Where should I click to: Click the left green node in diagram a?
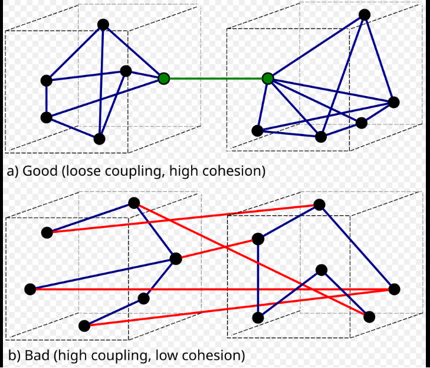(x=164, y=78)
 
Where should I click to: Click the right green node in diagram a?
(x=268, y=78)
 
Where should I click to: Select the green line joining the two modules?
(x=216, y=78)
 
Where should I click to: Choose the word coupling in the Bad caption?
(x=125, y=356)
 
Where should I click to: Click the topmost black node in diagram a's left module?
(x=103, y=24)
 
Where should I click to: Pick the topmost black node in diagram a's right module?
(x=365, y=15)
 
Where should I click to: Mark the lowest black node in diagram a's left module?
(x=99, y=139)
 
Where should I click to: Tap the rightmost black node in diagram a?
(x=393, y=102)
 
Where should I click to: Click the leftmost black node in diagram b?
(x=30, y=289)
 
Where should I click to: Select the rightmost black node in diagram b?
(x=394, y=289)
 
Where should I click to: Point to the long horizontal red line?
(x=212, y=289)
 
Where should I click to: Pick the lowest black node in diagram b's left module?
(x=84, y=326)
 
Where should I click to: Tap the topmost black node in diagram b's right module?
(x=319, y=205)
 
